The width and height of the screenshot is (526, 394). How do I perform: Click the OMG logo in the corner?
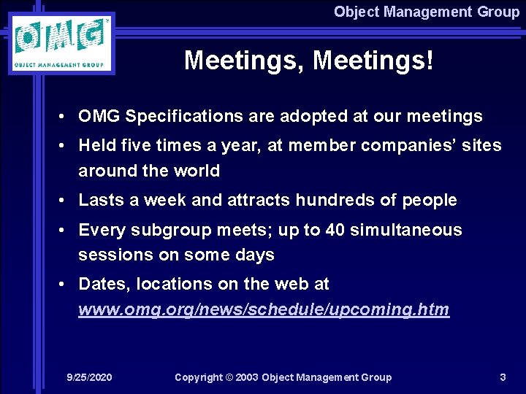tap(61, 44)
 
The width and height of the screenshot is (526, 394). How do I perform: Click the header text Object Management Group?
tap(426, 12)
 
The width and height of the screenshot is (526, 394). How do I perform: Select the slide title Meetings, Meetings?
tap(308, 61)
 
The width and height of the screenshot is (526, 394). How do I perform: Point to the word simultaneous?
tap(406, 231)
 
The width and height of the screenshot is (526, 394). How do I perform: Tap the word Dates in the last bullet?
tap(101, 285)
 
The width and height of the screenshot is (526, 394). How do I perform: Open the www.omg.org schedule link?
tap(264, 310)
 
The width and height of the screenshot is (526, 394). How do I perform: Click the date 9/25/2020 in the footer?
tap(89, 377)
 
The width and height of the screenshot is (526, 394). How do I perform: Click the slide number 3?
tap(503, 377)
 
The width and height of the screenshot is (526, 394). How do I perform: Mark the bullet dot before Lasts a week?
tap(66, 201)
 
